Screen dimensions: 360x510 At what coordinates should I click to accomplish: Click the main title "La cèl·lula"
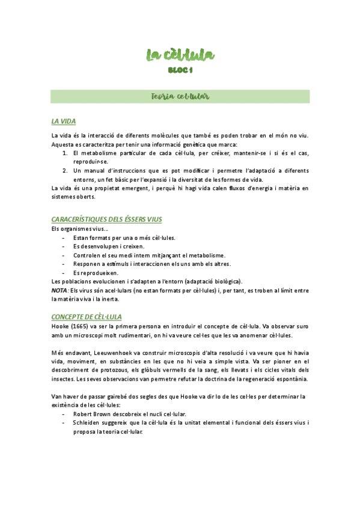click(x=180, y=57)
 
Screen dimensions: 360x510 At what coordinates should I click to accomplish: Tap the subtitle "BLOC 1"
click(x=180, y=70)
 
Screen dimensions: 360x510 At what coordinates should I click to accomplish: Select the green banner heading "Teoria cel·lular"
click(x=180, y=96)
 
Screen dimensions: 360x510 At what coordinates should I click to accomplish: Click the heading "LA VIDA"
click(x=64, y=121)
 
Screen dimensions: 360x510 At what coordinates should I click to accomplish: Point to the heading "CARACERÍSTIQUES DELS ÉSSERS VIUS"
click(x=107, y=220)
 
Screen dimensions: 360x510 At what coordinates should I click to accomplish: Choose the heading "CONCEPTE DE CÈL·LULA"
click(x=87, y=316)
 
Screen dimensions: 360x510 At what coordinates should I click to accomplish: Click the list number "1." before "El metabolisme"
click(x=66, y=153)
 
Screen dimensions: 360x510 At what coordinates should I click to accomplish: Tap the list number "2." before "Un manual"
click(x=66, y=171)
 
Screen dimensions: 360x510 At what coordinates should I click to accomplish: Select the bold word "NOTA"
click(x=59, y=290)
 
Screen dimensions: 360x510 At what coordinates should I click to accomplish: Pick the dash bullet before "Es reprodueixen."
click(x=64, y=272)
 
